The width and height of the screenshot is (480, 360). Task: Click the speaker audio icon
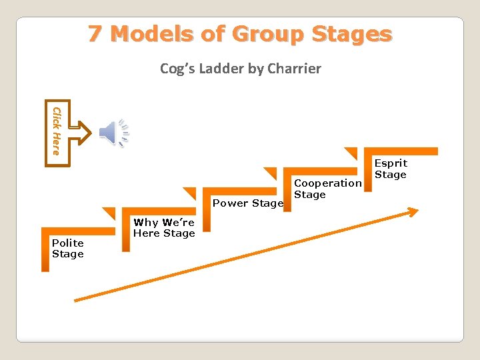tap(113, 132)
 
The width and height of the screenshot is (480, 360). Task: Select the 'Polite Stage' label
tap(68, 249)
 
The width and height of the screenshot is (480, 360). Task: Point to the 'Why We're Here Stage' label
tap(164, 228)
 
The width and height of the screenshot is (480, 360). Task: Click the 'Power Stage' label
tap(247, 203)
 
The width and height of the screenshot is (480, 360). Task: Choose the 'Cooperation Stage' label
tap(327, 189)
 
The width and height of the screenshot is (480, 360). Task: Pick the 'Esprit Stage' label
tap(391, 169)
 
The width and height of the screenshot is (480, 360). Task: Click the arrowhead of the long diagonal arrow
tap(413, 212)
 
